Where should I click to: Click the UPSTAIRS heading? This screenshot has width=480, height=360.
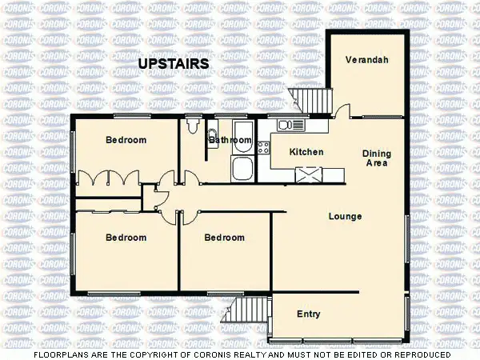coord(174,63)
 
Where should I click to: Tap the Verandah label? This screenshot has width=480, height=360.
coord(367,60)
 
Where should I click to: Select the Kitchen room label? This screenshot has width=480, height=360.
coord(306,152)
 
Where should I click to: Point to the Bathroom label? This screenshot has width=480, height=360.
coord(230,141)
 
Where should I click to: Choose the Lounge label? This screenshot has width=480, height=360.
coord(345,216)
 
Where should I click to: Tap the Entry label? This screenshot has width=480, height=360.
coord(309,314)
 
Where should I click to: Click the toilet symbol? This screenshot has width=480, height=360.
coord(192,126)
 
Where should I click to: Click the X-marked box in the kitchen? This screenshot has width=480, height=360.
coord(308,174)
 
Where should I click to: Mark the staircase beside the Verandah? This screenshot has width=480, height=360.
coord(311,101)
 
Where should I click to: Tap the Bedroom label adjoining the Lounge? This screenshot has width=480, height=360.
coord(224,238)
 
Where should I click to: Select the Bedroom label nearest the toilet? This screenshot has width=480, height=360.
coord(126,140)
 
